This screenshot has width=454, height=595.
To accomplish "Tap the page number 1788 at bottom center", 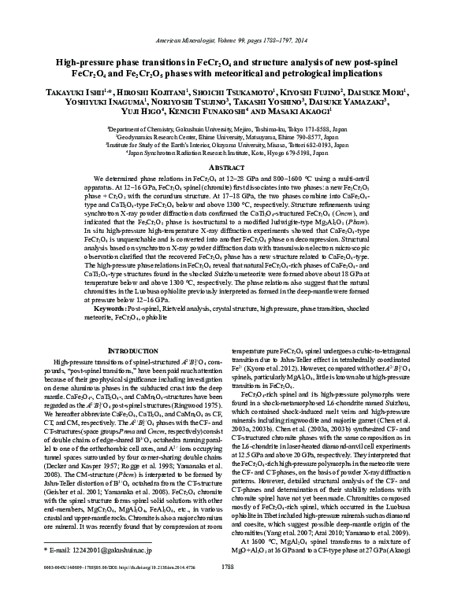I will [226, 586].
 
